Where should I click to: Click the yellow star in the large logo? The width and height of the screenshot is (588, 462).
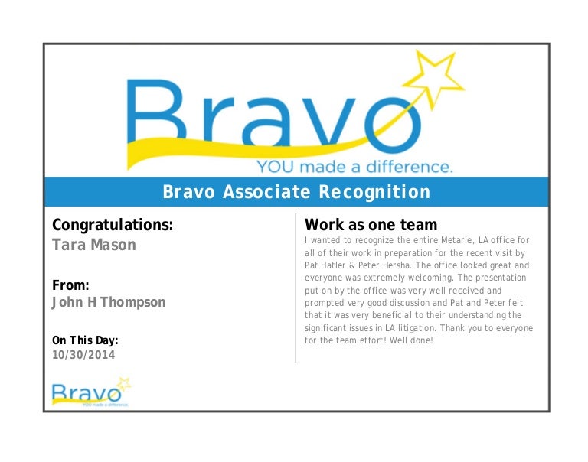click(x=434, y=77)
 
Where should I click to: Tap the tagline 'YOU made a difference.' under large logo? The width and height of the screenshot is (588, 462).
click(x=354, y=166)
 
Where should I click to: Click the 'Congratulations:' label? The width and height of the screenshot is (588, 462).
click(x=112, y=225)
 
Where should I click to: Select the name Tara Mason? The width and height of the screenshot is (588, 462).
click(x=93, y=245)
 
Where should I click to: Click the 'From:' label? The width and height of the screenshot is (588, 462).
click(x=70, y=285)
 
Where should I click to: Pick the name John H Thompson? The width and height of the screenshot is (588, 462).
click(x=108, y=302)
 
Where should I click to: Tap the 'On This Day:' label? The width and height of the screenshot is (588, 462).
click(x=85, y=340)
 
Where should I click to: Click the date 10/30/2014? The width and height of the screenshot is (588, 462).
click(x=83, y=355)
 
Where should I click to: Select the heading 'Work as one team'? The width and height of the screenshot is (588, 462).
click(x=371, y=225)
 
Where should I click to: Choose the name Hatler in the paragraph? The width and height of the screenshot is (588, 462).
click(x=335, y=265)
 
